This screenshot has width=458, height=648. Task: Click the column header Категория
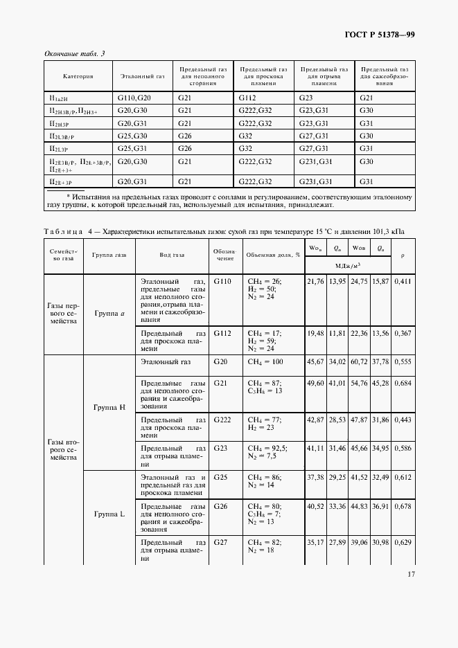[x=78, y=76]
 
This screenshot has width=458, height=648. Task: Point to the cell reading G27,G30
[x=314, y=136]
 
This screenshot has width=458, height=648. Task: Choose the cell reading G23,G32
[x=314, y=111]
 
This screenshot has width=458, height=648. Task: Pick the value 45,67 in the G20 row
[x=315, y=362]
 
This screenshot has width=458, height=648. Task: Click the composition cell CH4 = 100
[x=265, y=362]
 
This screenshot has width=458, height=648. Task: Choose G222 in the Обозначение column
[x=222, y=420]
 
